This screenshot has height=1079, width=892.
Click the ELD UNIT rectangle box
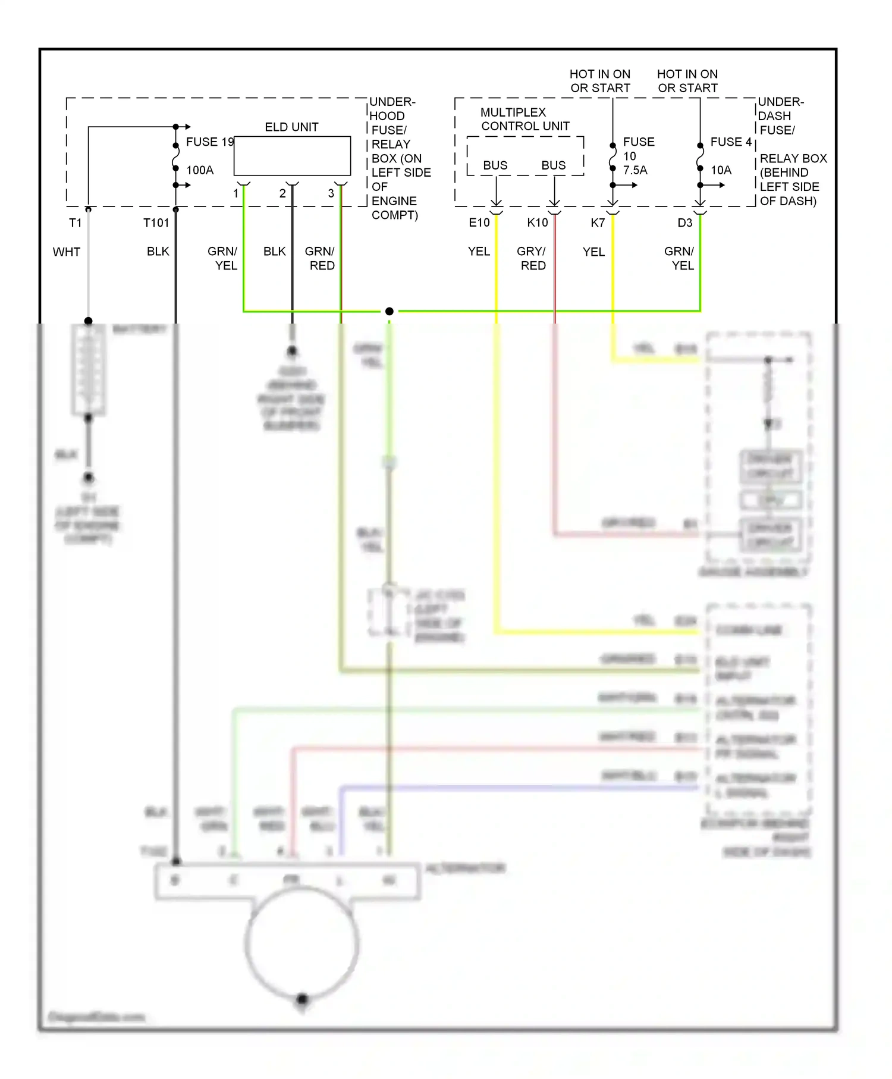click(292, 156)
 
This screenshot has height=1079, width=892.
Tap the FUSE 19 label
click(210, 142)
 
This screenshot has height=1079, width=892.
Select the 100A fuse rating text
click(200, 171)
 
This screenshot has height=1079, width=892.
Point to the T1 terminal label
click(75, 223)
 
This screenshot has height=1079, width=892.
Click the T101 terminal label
click(156, 223)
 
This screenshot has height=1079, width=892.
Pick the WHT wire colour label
click(67, 252)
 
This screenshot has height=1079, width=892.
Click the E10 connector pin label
click(479, 223)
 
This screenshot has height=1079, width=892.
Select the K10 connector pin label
click(538, 223)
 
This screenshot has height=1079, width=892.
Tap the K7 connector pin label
click(598, 223)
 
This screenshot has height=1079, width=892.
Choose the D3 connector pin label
click(685, 223)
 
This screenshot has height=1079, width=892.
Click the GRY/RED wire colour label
click(532, 259)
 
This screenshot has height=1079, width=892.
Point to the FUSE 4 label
click(731, 142)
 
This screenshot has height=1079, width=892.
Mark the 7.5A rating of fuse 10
click(635, 171)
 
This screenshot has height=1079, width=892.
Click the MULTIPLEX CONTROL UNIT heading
click(525, 120)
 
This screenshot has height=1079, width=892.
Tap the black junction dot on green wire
click(390, 311)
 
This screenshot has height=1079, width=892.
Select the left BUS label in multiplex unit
click(495, 165)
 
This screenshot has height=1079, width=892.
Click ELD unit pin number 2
click(282, 194)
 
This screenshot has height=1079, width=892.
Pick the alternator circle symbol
click(301, 944)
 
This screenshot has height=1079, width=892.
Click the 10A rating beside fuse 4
click(721, 171)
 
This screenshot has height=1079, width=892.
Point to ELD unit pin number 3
click(331, 194)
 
